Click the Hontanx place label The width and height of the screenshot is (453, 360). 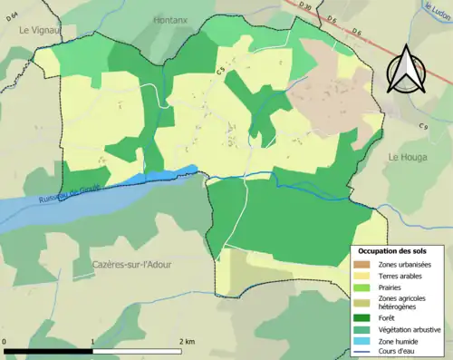169,19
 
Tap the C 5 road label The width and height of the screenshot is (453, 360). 219,70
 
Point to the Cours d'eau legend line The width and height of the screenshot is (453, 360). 363,351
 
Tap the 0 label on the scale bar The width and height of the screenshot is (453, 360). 5,341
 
